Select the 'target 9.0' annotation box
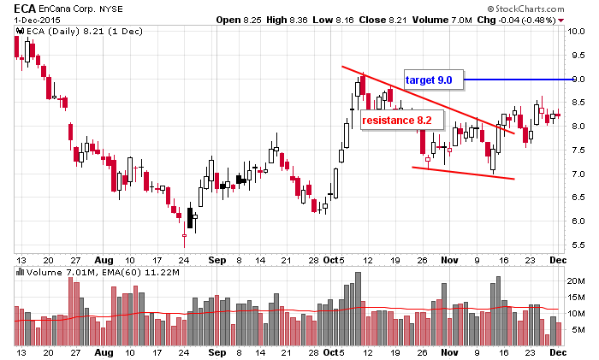[x=433, y=80]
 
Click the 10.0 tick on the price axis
[x=577, y=32]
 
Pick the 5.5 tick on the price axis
[x=577, y=245]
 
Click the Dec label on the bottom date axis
[x=556, y=351]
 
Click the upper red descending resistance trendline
[x=428, y=99]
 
